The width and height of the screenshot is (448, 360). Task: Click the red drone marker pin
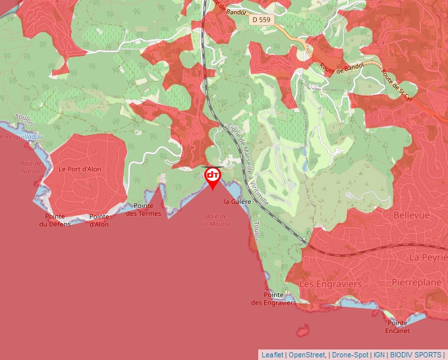(x=213, y=176)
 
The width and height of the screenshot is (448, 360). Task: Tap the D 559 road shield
(x=260, y=20)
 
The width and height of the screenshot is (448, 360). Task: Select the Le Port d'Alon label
(x=80, y=169)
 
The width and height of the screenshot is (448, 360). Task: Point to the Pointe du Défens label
(x=55, y=220)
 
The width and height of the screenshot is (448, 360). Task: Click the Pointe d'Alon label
(x=99, y=220)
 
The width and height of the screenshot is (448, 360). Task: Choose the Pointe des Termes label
(x=143, y=209)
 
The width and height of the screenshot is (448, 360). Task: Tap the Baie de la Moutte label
(x=216, y=220)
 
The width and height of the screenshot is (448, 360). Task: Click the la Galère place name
(x=237, y=202)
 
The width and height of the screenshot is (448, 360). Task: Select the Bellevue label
(x=410, y=215)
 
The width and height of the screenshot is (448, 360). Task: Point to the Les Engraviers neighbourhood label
(x=330, y=284)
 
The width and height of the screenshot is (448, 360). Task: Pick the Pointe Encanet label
(x=397, y=327)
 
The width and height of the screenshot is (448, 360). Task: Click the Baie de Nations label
(x=32, y=167)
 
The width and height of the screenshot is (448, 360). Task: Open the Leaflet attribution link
(x=272, y=354)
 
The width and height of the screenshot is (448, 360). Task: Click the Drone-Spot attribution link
(x=350, y=354)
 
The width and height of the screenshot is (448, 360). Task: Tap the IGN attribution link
(x=379, y=354)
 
